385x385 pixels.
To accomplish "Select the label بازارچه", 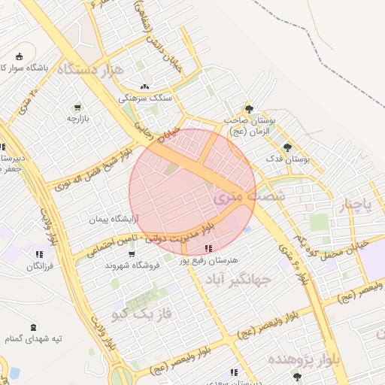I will [x=78, y=119].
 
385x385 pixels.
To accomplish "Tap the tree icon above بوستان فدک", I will [x=286, y=147].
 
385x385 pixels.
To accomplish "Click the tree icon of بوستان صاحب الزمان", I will [x=249, y=109].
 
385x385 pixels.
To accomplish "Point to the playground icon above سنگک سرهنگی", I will [x=144, y=86].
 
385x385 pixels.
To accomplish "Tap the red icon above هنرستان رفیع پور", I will [x=208, y=248].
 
